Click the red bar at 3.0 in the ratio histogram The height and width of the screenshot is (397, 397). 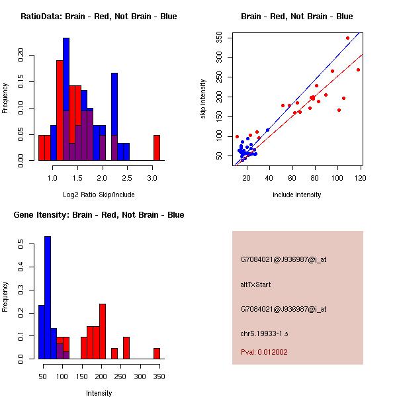coord(157,148)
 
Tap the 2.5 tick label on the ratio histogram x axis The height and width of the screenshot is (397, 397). coord(127,178)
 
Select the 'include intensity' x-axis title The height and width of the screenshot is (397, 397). coord(297,195)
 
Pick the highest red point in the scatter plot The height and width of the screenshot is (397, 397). coord(347,38)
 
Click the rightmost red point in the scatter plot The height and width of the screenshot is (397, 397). coord(358,69)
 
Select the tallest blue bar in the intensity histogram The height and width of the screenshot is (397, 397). coord(47,298)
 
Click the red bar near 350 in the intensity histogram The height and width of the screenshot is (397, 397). coord(157,353)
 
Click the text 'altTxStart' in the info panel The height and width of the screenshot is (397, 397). coord(256,285)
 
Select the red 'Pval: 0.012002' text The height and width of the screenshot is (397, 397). coord(264,352)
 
